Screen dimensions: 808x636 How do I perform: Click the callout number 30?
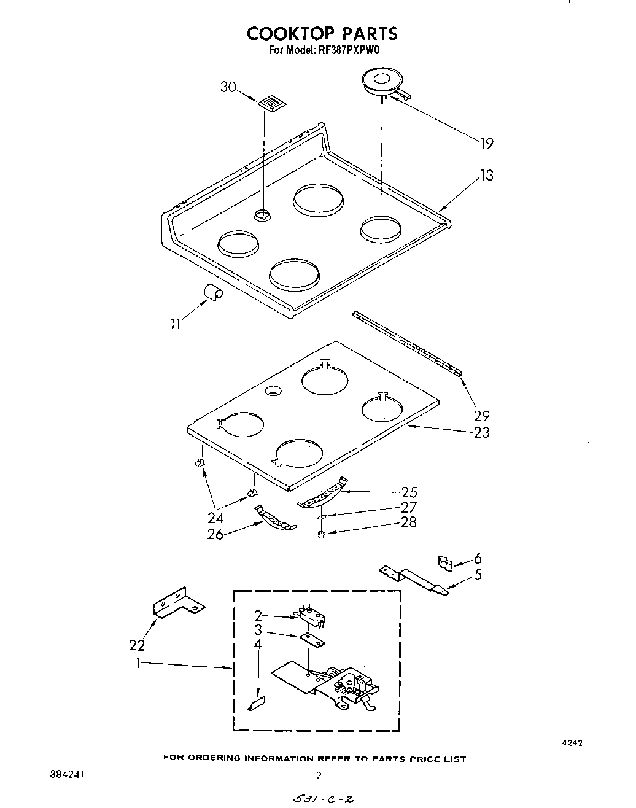coord(228,87)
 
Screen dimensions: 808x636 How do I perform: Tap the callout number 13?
coord(486,176)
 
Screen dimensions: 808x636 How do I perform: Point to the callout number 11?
coord(176,324)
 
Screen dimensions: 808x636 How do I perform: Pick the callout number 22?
coord(137,645)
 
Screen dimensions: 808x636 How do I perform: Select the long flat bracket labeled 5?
coord(417,577)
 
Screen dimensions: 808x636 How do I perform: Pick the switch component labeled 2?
coord(309,616)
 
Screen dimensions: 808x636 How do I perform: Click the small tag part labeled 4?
coord(256,704)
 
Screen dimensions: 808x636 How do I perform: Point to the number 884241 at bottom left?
coord(68,774)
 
